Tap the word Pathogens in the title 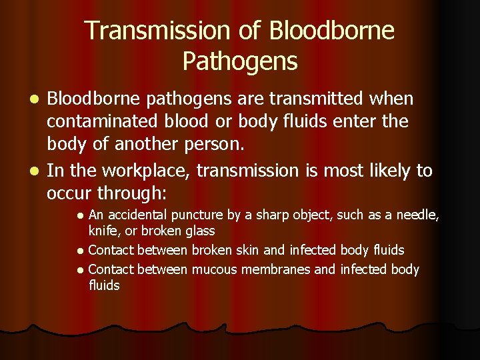pyautogui.click(x=240, y=62)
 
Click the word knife pyautogui.click(x=101, y=231)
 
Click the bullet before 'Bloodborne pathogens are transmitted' pyautogui.click(x=37, y=100)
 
